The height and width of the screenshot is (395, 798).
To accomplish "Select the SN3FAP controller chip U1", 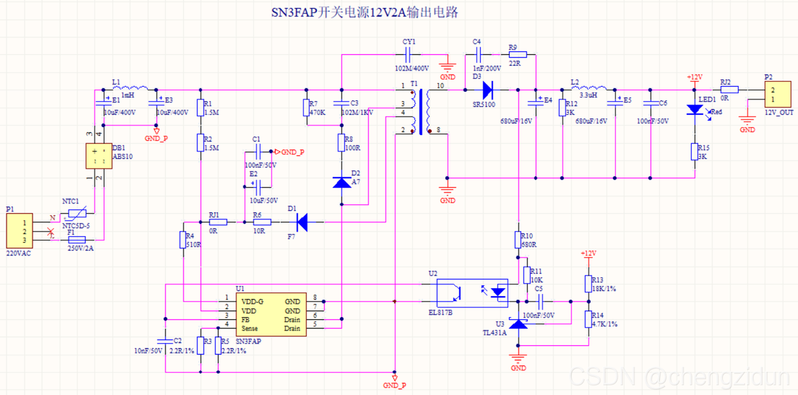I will click(271, 314).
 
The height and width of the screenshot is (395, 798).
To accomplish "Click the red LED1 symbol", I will click(695, 109).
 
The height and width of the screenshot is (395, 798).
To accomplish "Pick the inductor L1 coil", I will click(131, 87).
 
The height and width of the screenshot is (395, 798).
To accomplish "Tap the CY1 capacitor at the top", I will click(409, 54).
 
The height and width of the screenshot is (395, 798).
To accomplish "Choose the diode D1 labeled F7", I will click(302, 222).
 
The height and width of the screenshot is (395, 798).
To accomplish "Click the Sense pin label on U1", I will click(250, 329).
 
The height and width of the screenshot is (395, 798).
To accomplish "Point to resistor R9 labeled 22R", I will click(518, 54).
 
